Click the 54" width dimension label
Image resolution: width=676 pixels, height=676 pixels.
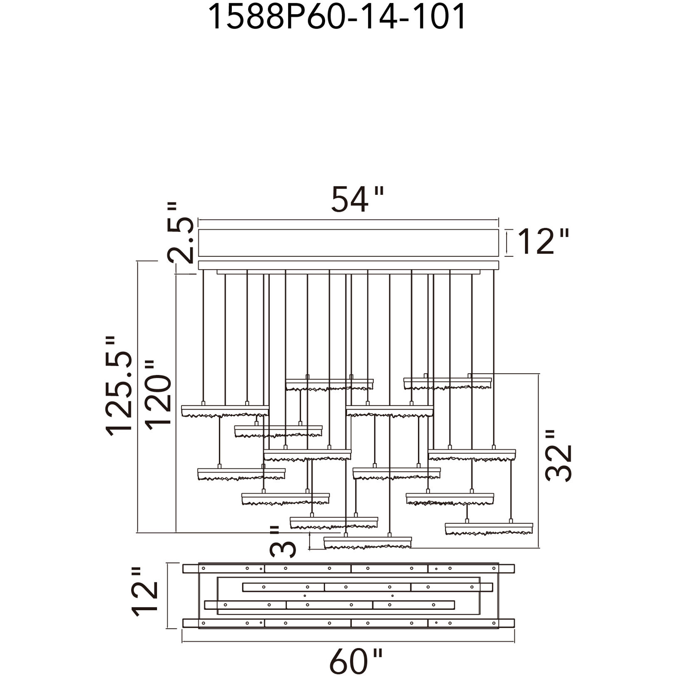click(357, 200)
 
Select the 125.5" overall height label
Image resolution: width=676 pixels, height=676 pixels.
click(119, 386)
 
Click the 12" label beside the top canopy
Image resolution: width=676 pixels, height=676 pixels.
click(542, 241)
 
